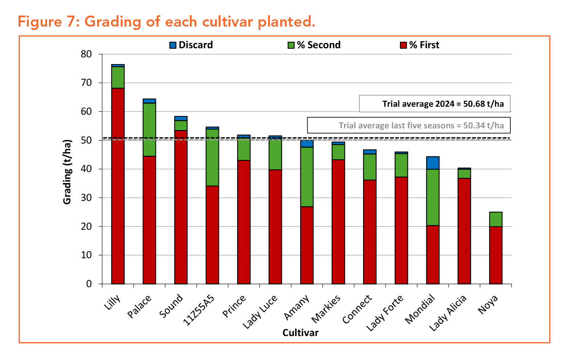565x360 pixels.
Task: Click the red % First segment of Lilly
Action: click(x=118, y=186)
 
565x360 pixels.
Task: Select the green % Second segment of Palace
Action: click(x=149, y=129)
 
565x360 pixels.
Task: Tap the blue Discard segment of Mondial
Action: click(x=433, y=163)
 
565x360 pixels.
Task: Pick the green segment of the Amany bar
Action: click(x=307, y=177)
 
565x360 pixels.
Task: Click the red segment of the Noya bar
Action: click(x=496, y=255)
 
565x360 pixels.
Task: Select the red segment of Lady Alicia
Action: click(x=464, y=231)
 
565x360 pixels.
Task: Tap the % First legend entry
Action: click(x=420, y=45)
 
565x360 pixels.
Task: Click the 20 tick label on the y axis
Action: click(x=86, y=226)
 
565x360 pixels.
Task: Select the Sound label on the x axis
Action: click(x=171, y=306)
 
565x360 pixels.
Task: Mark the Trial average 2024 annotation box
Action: click(x=434, y=104)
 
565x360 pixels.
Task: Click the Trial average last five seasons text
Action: click(x=421, y=125)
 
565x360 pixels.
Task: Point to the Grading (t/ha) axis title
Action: click(x=67, y=172)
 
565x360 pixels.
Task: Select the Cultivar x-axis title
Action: click(x=300, y=333)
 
